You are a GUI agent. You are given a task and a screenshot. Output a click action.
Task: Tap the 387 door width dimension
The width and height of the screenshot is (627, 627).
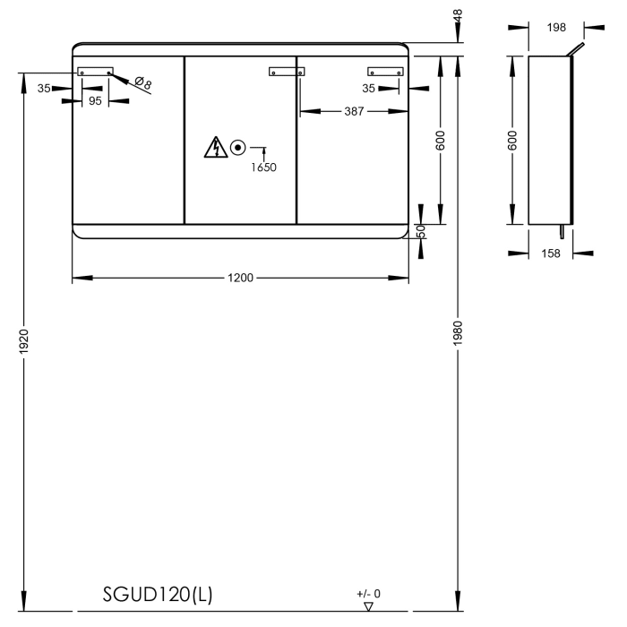click(355, 111)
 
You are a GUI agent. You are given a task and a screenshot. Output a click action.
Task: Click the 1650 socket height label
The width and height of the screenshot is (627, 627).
click(263, 167)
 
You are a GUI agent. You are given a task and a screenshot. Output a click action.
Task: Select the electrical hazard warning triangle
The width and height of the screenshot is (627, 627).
click(214, 147)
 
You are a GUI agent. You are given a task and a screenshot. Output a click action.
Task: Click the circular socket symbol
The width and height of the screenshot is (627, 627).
click(238, 148)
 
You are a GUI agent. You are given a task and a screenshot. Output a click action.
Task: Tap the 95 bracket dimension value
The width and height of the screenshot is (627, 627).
click(95, 101)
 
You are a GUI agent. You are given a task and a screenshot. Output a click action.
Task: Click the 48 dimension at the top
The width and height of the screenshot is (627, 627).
click(459, 15)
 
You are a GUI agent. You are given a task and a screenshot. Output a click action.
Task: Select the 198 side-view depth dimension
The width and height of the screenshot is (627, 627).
click(556, 28)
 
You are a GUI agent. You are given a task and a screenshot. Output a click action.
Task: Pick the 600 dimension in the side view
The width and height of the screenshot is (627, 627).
click(511, 140)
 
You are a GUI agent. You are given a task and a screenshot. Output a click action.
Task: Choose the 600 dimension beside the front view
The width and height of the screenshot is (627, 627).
click(441, 140)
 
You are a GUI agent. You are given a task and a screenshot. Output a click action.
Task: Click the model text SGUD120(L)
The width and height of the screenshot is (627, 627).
click(158, 595)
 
